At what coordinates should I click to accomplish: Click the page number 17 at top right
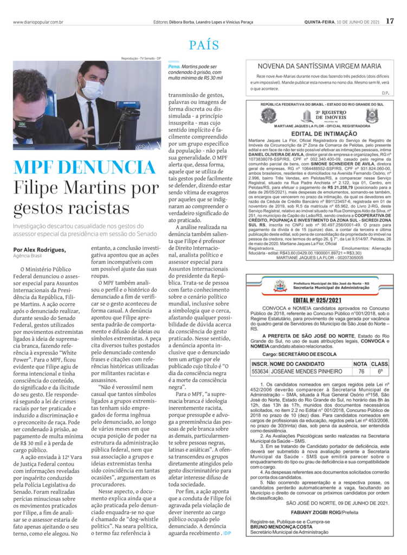(x=390, y=22)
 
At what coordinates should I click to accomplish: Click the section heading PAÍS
(x=204, y=46)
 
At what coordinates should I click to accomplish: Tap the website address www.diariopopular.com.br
(x=39, y=22)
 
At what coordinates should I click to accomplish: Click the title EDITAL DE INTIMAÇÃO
(x=324, y=133)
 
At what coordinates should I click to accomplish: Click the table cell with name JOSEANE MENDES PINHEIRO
(x=306, y=371)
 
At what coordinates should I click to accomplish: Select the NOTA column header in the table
(x=360, y=364)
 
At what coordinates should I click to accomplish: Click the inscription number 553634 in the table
(x=260, y=371)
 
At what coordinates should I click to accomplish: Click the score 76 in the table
(x=360, y=371)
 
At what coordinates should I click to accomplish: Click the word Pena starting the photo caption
(x=174, y=66)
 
